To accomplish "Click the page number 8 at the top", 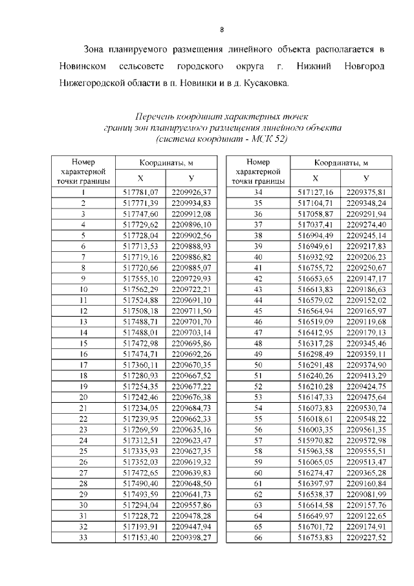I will [x=222, y=30].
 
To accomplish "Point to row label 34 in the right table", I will [x=257, y=192].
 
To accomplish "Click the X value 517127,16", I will [x=315, y=192].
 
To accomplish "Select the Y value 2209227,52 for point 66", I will [x=366, y=537].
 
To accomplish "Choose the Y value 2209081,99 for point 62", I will [x=366, y=493].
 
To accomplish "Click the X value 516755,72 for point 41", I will [x=315, y=267].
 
